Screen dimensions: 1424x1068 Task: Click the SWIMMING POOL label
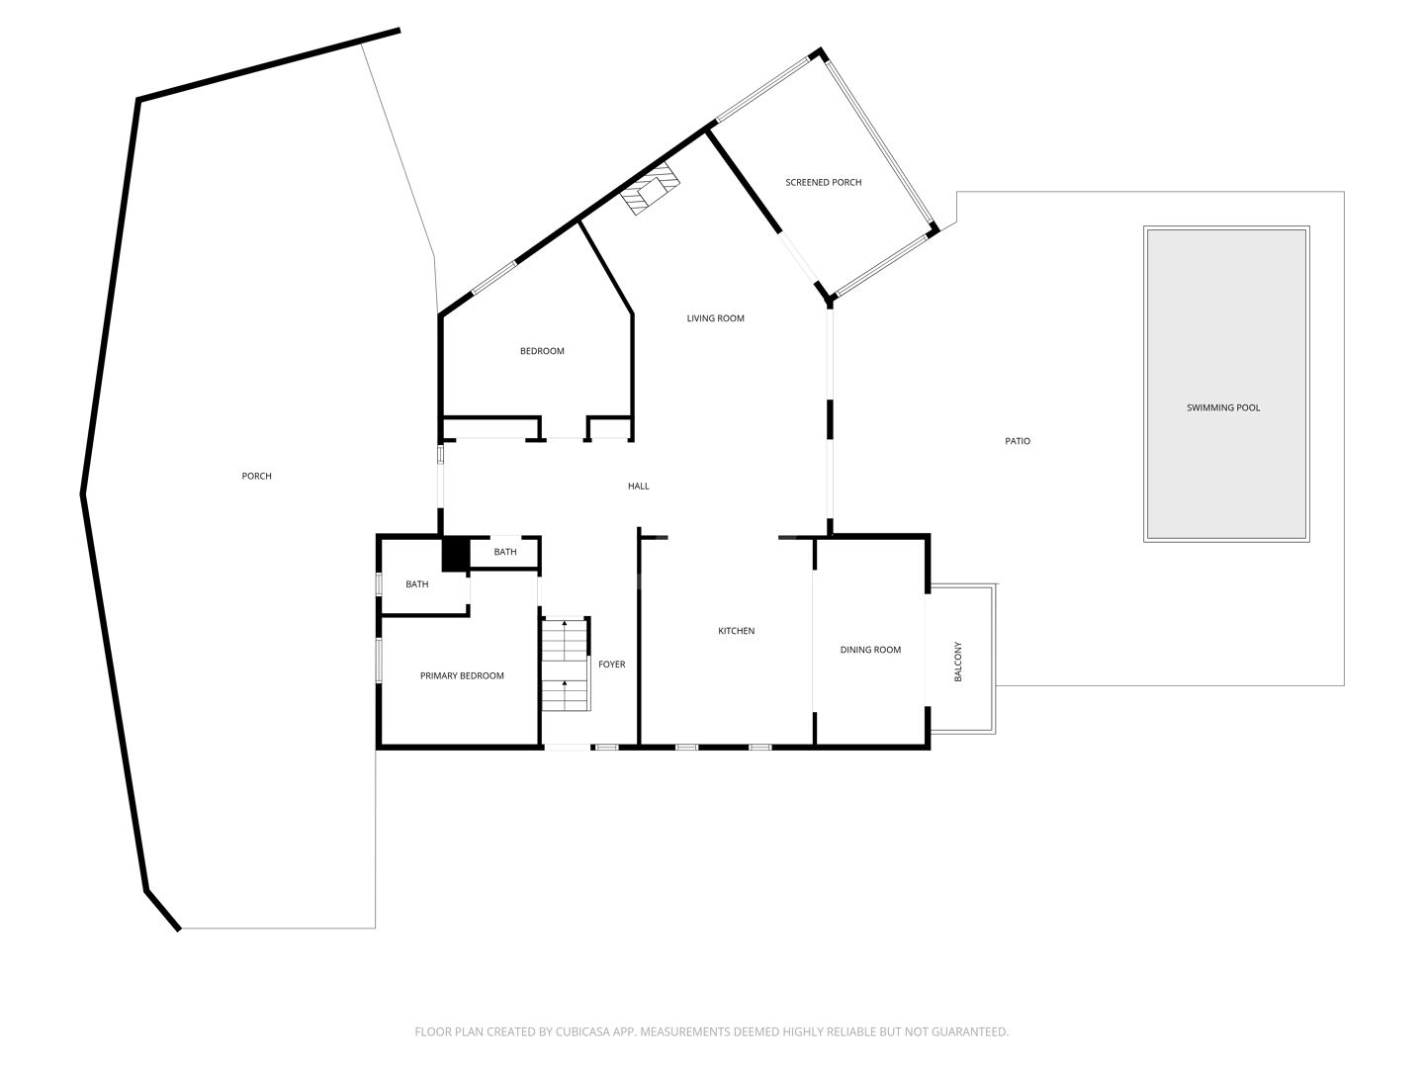pos(1223,407)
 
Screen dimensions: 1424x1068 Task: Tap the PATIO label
pos(1018,441)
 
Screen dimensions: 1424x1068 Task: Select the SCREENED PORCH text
pos(824,182)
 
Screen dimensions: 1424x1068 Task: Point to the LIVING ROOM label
pos(716,317)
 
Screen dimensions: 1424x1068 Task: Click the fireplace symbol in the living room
pos(650,189)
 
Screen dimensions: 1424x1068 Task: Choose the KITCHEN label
pos(737,630)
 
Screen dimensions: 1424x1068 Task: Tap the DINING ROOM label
pos(870,649)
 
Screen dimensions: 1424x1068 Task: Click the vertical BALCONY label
pos(957,662)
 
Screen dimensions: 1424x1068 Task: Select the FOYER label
pos(612,664)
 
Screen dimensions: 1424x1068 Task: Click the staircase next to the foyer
pos(566,665)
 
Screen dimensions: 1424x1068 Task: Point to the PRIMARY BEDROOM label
pos(462,675)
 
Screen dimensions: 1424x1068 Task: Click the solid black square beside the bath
pos(456,555)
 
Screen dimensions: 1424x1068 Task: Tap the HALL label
pos(639,486)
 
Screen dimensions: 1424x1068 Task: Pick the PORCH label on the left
pos(256,476)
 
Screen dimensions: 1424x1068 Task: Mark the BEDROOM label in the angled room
pos(542,351)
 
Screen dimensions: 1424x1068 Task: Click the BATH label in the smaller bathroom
pos(505,552)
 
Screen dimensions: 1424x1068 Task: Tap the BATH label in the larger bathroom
pos(417,584)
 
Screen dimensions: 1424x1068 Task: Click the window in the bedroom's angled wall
pos(494,278)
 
